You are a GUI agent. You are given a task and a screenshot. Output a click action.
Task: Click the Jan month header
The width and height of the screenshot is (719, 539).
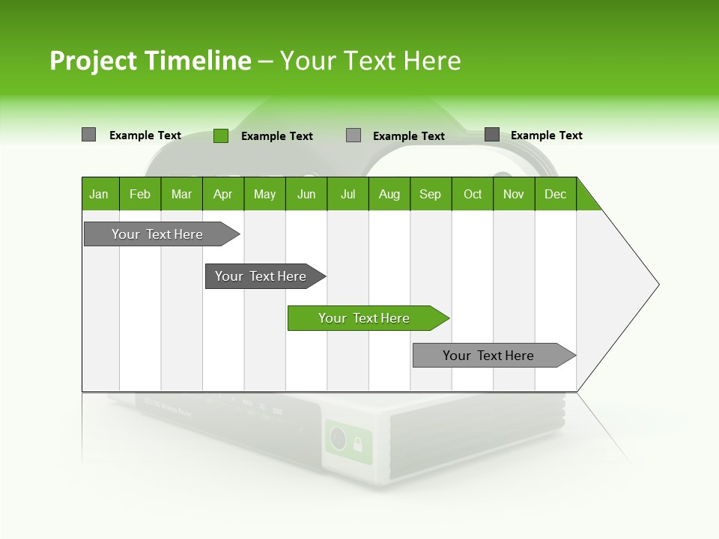[x=99, y=194]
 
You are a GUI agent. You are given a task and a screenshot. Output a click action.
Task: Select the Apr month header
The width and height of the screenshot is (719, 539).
[x=222, y=194]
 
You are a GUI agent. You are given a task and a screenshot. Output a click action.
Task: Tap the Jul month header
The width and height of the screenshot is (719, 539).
[x=348, y=194]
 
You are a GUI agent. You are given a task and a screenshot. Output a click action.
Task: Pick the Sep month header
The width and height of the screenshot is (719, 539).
[x=430, y=194]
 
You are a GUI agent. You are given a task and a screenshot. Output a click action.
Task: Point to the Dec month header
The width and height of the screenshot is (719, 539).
[x=555, y=194]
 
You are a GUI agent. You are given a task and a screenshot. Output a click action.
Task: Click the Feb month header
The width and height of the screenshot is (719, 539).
[x=140, y=194]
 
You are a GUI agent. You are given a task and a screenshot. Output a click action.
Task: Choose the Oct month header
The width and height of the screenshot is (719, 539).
[x=473, y=194]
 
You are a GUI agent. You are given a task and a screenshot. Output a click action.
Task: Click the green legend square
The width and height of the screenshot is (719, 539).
[x=220, y=135]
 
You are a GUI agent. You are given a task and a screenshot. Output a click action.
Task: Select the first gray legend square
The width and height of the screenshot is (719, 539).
[x=88, y=135]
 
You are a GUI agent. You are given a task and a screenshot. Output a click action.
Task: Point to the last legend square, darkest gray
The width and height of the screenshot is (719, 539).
[x=491, y=135]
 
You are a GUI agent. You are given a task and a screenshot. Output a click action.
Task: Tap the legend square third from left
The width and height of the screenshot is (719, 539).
[x=354, y=135]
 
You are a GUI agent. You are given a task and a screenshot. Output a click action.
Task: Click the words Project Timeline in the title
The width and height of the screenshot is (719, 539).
[x=150, y=61]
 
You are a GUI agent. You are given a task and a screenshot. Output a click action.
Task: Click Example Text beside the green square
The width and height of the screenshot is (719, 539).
[x=277, y=136]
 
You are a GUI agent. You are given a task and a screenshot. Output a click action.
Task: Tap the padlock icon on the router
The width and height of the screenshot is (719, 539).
[x=357, y=443]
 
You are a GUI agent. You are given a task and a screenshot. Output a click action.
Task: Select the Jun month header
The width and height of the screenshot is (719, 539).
[x=306, y=194]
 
